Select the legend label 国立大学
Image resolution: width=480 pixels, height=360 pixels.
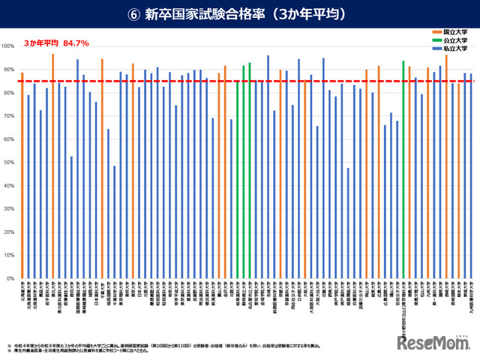(457, 33)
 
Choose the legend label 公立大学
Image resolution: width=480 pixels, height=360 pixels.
(457, 40)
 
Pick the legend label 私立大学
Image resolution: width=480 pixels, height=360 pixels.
(457, 48)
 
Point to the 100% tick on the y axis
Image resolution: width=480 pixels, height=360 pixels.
(8, 46)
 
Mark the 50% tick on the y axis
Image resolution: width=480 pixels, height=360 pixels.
(8, 162)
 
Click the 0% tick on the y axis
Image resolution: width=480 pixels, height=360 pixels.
(10, 278)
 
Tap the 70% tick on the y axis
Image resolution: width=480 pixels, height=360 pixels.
(8, 115)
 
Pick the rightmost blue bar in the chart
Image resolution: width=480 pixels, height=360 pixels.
(471, 175)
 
